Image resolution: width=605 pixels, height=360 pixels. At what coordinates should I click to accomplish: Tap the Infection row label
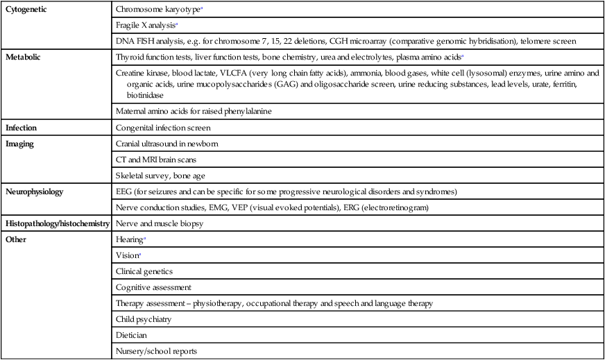[x=22, y=128]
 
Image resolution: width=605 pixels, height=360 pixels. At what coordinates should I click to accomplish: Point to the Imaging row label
[x=22, y=144]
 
